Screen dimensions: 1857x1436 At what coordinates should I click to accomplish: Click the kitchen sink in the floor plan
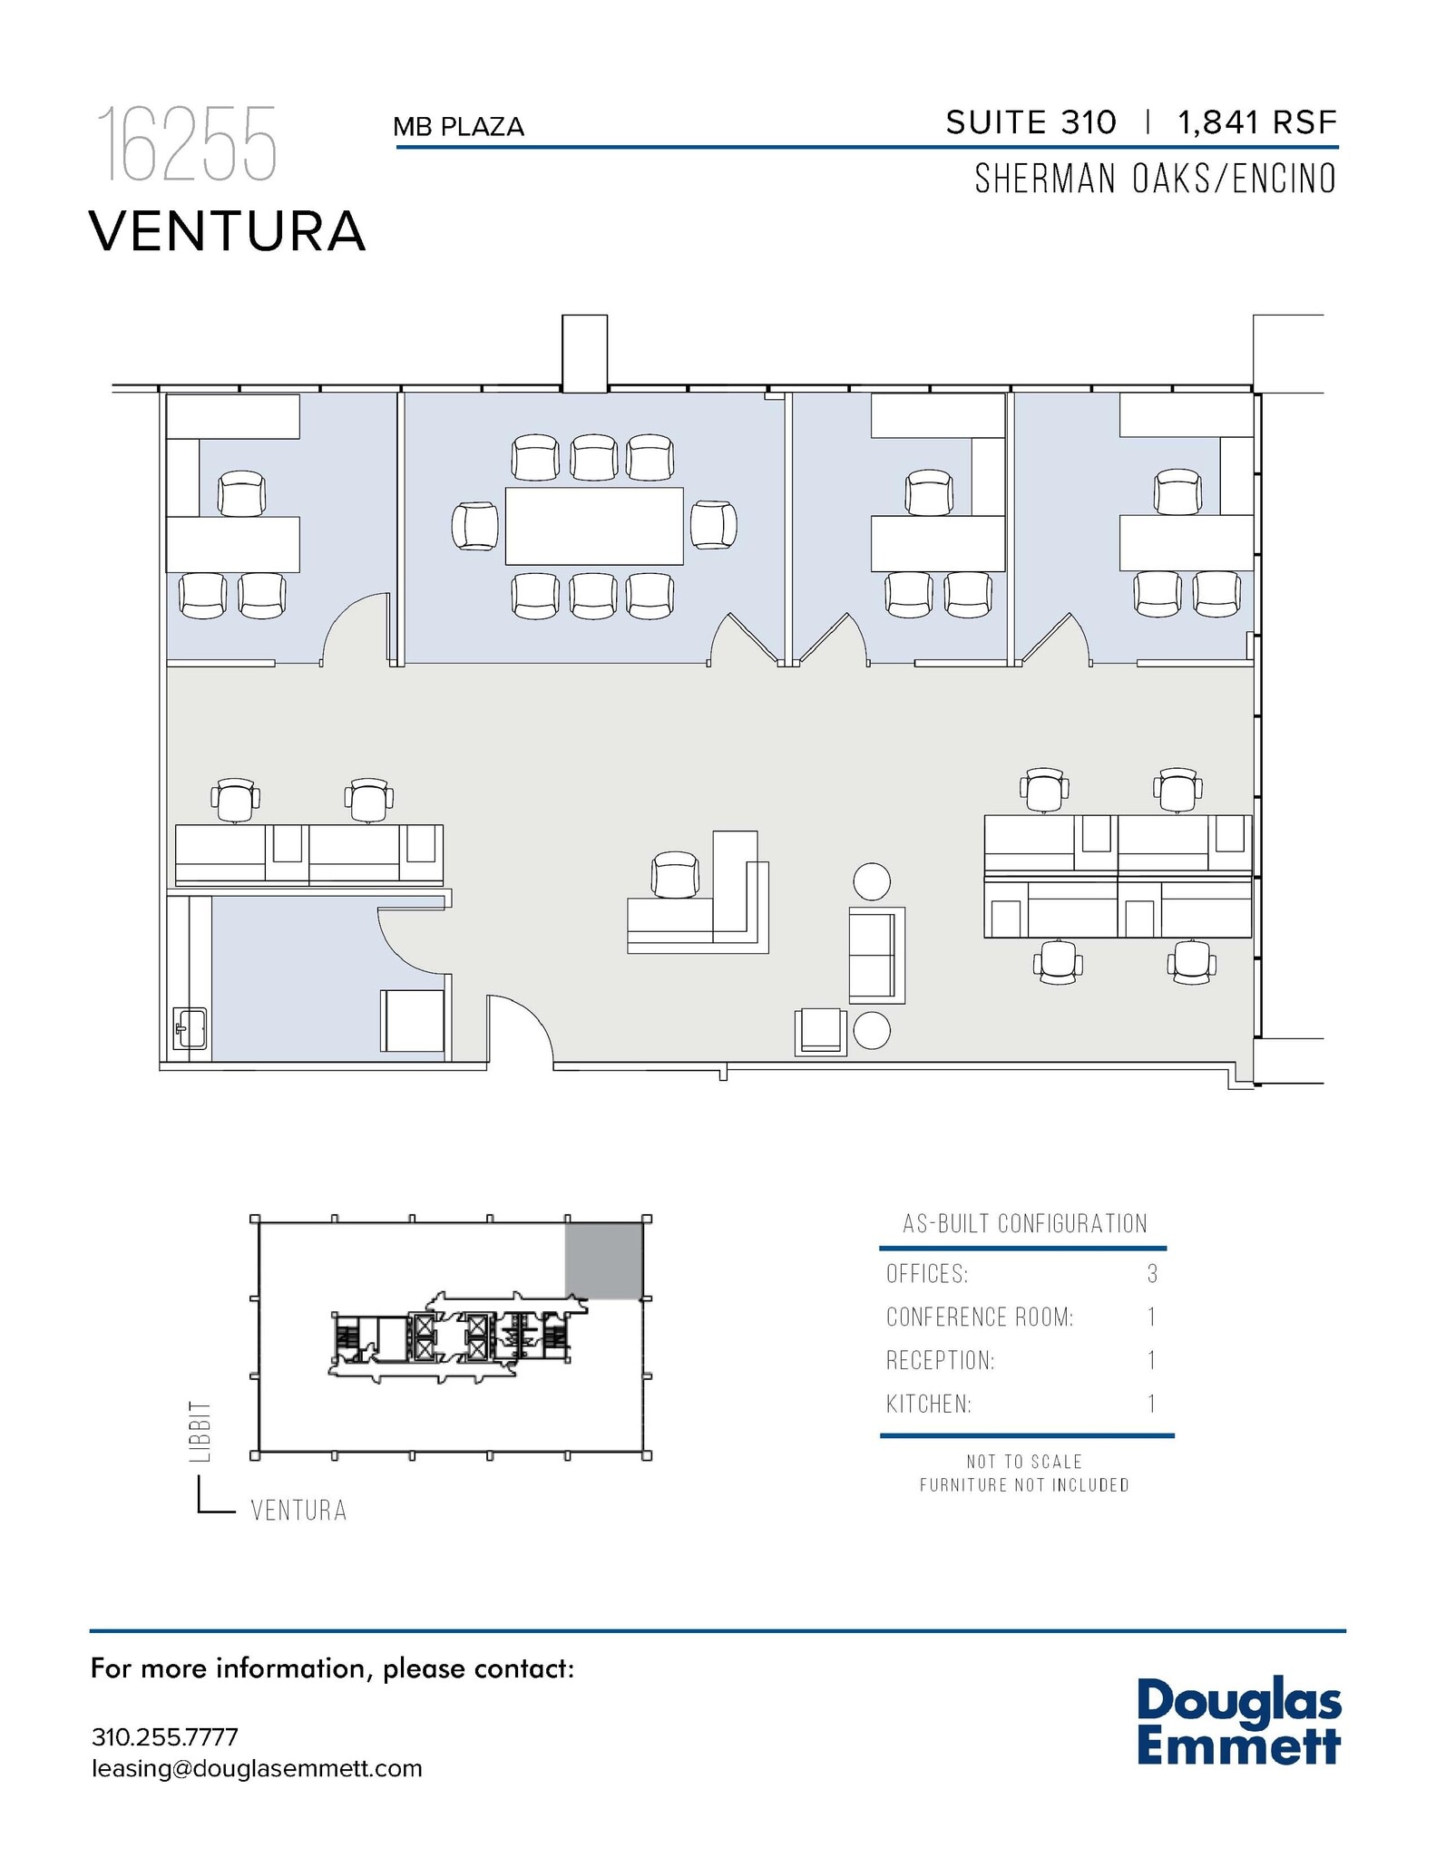(x=190, y=1028)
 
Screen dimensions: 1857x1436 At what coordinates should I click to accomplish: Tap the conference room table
(x=593, y=526)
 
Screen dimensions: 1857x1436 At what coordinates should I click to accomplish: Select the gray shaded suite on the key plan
(x=603, y=1260)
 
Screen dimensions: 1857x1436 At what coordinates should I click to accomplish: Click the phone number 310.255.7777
(x=165, y=1736)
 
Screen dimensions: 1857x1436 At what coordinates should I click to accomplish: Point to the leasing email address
(x=257, y=1768)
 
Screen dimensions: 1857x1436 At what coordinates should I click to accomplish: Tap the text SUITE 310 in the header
(x=1031, y=122)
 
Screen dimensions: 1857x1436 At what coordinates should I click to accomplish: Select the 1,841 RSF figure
(x=1256, y=122)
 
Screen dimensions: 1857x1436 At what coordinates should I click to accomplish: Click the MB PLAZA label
(x=458, y=127)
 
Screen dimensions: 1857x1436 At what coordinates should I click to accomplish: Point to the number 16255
(x=187, y=145)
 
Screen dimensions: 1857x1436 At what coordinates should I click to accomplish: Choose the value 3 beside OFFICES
(x=1152, y=1274)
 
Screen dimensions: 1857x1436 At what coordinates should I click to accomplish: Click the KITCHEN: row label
(x=928, y=1405)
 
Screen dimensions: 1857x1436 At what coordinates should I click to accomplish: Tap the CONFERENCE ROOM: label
(x=980, y=1317)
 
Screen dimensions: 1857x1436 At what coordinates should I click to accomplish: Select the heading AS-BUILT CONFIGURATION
(x=1024, y=1223)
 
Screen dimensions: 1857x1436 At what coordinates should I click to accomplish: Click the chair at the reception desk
(x=675, y=875)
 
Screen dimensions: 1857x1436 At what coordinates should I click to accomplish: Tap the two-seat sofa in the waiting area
(x=875, y=955)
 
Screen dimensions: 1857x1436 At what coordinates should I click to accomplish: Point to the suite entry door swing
(x=520, y=1029)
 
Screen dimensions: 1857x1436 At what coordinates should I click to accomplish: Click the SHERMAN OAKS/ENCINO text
(x=1155, y=179)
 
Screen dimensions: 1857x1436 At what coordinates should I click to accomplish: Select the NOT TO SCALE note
(x=1024, y=1462)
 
